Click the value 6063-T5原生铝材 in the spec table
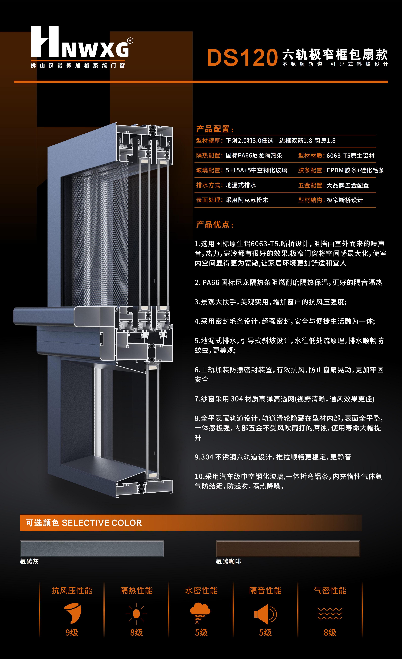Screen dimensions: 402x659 (x=350, y=156)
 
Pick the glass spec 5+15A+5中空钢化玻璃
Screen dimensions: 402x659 (x=256, y=170)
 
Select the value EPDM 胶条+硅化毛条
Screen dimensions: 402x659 (x=355, y=170)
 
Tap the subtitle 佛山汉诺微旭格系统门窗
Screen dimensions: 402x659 (x=78, y=66)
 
